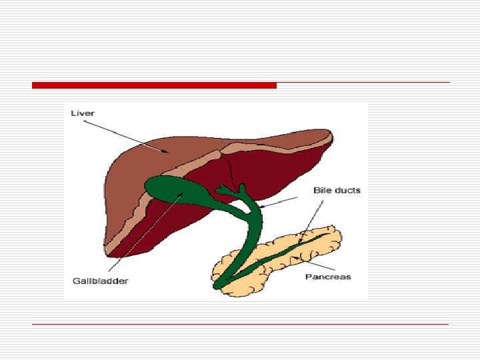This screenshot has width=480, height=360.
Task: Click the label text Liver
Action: coord(83,113)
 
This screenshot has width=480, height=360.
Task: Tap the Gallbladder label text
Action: coord(100,281)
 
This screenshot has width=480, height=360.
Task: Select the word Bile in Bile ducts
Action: coord(323,191)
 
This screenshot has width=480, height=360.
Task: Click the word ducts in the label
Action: coord(347,191)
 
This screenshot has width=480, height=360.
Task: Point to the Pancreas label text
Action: coord(328,276)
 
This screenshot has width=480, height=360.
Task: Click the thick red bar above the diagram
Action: coord(154,85)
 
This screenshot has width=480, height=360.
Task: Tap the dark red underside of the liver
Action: coord(280,173)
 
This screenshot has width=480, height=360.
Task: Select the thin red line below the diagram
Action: coord(240,325)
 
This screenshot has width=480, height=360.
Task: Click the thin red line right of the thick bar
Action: coord(363,83)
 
